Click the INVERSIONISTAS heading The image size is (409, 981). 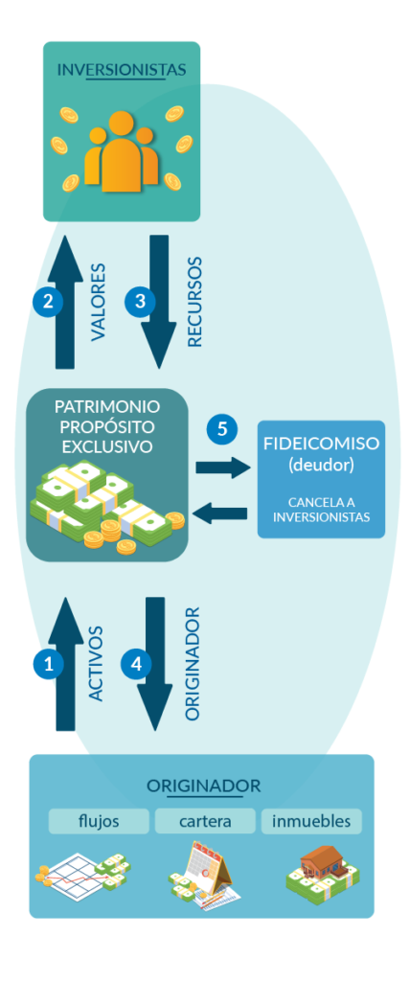(x=122, y=69)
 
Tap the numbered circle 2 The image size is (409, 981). (x=48, y=302)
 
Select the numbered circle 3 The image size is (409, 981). (x=140, y=302)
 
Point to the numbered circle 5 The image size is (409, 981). (x=222, y=430)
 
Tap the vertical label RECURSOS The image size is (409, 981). (x=195, y=302)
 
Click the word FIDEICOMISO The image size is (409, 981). (x=321, y=444)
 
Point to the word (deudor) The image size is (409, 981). (x=321, y=466)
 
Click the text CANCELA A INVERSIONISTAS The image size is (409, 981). (x=321, y=510)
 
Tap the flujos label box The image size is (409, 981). (x=99, y=821)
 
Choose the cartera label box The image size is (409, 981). (x=205, y=821)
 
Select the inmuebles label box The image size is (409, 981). (x=311, y=821)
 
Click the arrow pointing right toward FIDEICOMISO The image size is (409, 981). (x=222, y=468)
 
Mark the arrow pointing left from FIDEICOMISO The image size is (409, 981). (x=220, y=513)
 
